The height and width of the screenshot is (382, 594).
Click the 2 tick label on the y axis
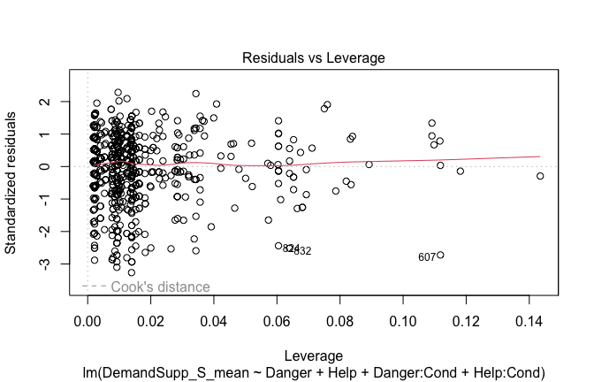(55, 102)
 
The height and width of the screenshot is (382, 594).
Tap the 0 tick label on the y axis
(55, 166)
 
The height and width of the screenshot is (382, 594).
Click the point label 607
(427, 257)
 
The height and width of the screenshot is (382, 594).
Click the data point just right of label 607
(440, 255)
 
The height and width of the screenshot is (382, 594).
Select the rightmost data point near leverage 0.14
(540, 176)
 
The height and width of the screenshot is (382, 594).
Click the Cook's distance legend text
(160, 286)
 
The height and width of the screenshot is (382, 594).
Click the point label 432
(302, 251)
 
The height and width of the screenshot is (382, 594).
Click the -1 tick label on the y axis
(54, 199)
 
